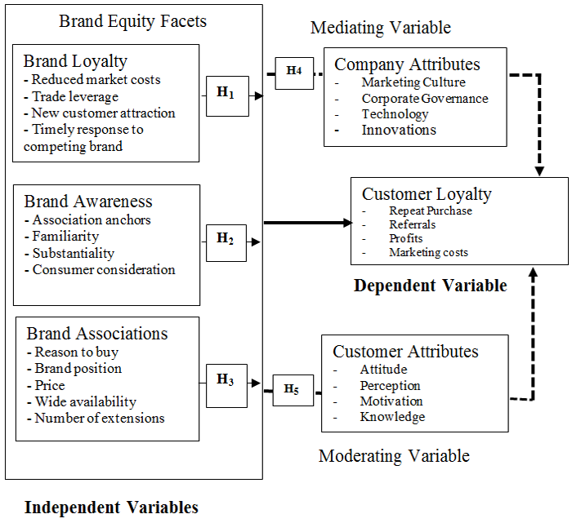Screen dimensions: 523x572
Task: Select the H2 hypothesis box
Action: pos(226,241)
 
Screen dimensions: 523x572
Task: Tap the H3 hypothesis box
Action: pos(226,381)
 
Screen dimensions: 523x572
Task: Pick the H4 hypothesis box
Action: pos(294,73)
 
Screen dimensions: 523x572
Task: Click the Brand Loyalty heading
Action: pos(75,61)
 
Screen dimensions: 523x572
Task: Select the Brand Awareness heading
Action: pos(88,202)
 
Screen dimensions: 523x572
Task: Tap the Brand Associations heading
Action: pos(97,334)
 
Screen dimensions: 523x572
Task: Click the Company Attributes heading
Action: pos(407,64)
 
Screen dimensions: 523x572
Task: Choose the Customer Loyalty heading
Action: pos(427,194)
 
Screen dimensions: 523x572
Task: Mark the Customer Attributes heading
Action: pos(405,352)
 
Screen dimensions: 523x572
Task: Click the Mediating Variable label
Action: pos(381,29)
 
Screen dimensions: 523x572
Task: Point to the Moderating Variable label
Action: pos(394,455)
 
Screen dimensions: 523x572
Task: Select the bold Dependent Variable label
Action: pos(430,286)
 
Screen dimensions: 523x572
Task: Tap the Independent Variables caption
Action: pos(111,507)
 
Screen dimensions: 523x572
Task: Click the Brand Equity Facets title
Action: pos(133,21)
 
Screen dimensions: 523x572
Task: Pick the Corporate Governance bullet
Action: pos(425,99)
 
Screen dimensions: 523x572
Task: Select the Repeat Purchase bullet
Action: pos(431,211)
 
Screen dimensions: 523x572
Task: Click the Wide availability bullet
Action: pos(85,401)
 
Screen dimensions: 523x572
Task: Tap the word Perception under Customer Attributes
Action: pos(390,385)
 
